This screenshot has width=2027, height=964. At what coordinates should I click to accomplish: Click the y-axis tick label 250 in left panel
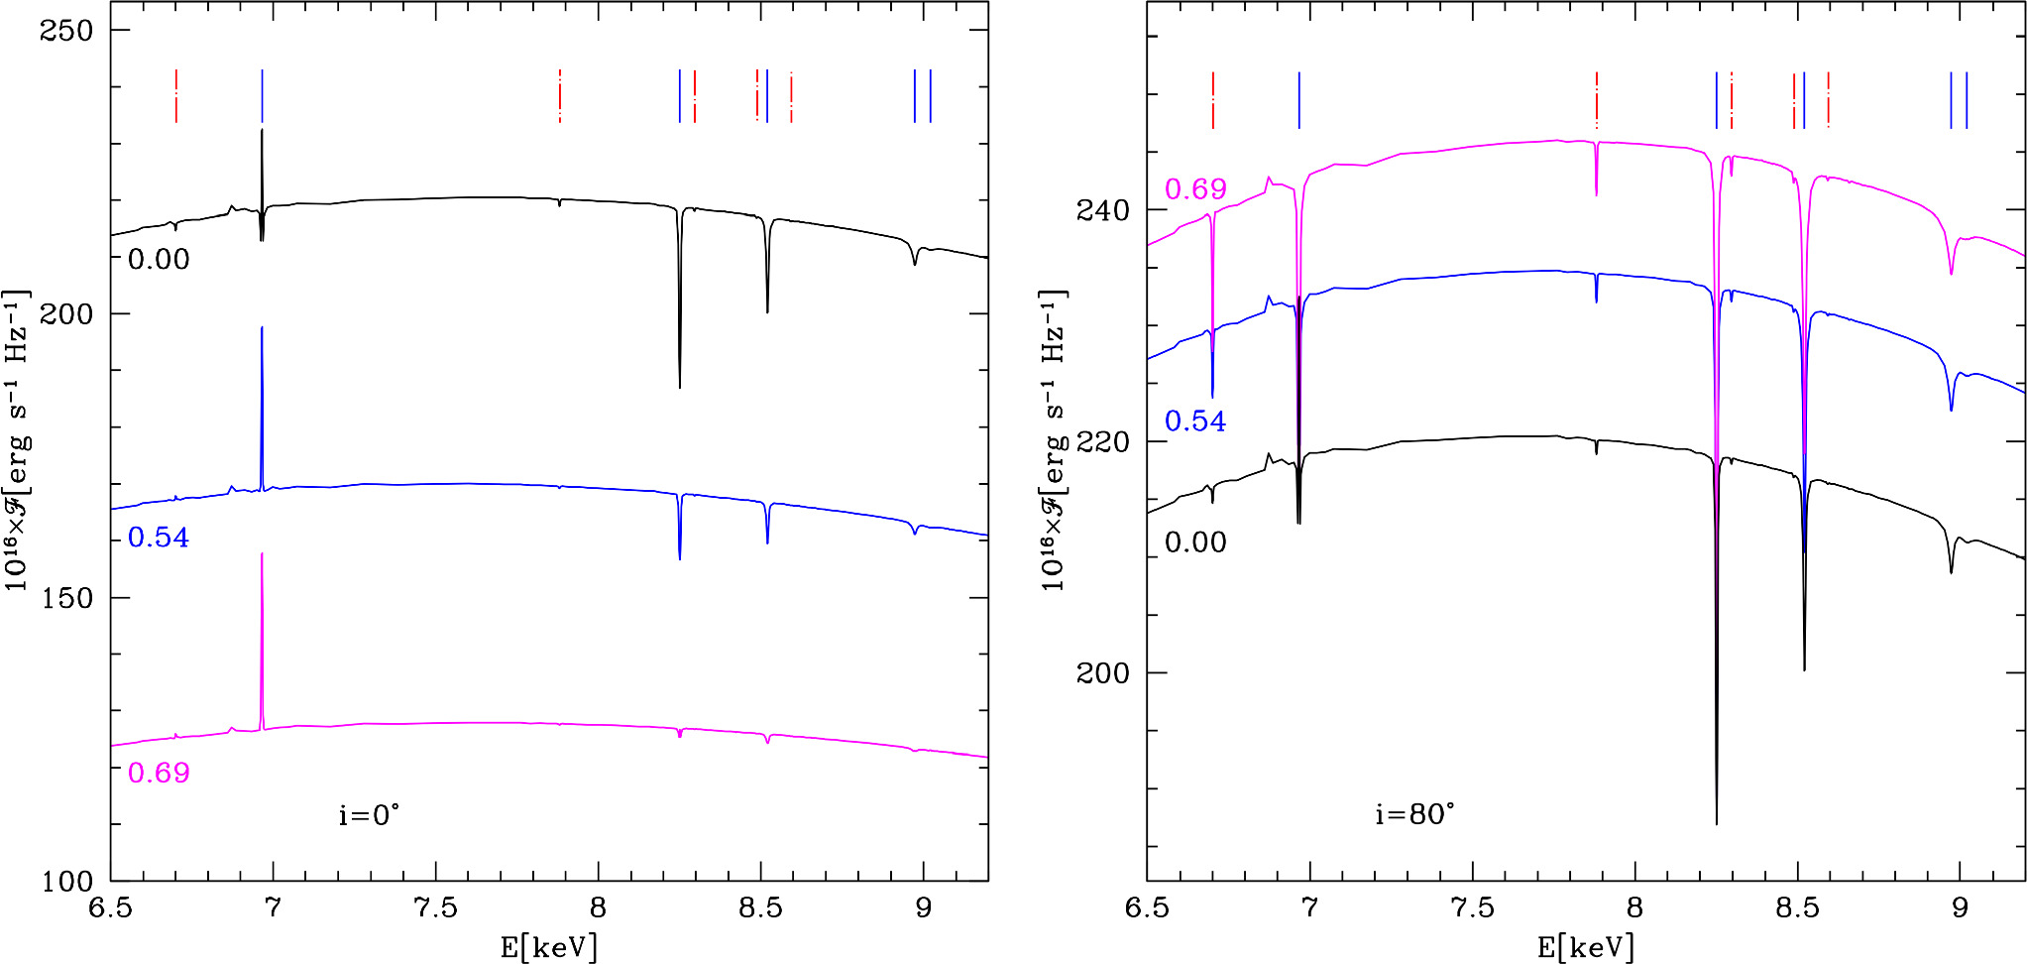coord(65,31)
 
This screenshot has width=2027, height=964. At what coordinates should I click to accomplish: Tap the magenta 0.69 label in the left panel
coord(159,773)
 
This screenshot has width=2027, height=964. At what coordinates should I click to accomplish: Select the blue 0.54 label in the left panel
coord(159,538)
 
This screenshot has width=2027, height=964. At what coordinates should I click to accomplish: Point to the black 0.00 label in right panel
coord(1195,542)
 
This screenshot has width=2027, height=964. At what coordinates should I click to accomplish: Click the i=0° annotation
coord(369,815)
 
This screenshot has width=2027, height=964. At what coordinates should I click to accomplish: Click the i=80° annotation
coord(1414,815)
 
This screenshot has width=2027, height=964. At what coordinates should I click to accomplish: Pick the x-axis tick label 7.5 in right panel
coord(1472,908)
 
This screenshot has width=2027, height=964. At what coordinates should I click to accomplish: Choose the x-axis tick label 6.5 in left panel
coord(110,908)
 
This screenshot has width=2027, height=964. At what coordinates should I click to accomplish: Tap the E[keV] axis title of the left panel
coord(549,947)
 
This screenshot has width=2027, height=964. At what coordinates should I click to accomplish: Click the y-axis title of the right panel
coord(1053,441)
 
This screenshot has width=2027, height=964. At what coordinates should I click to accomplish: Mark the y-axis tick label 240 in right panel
coord(1102,210)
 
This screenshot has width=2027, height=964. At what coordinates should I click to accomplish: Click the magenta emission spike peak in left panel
coord(262,554)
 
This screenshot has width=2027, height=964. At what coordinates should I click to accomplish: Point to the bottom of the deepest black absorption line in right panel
coord(1717,822)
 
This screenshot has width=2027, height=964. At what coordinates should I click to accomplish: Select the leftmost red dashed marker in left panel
coord(176,96)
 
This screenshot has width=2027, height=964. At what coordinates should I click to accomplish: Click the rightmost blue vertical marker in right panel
coord(1967,100)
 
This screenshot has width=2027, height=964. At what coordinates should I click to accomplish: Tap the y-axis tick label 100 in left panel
coord(65,881)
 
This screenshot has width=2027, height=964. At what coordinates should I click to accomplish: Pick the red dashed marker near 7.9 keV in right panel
coord(1597,100)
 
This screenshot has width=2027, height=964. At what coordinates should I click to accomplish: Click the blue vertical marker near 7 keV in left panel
coord(262,96)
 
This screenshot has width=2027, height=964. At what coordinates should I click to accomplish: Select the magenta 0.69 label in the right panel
coord(1195,189)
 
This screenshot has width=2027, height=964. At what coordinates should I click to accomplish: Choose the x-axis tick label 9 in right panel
coord(1960,908)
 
